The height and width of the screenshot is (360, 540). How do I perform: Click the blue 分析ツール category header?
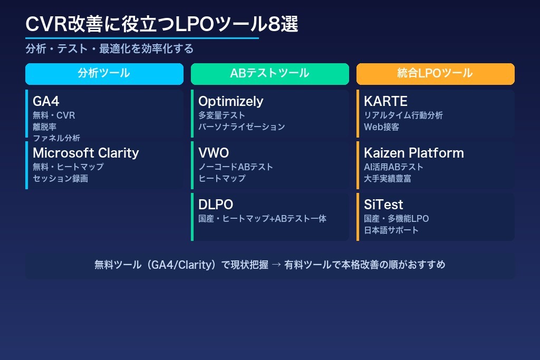point(104,74)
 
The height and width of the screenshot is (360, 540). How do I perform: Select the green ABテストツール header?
point(269,74)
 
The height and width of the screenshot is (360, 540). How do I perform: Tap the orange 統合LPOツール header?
point(435,74)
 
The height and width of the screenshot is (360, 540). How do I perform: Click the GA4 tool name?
point(46,101)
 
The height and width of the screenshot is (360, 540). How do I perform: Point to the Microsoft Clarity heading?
point(85,153)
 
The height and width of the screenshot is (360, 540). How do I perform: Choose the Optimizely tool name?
point(230,101)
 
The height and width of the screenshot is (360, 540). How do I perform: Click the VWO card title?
point(214,153)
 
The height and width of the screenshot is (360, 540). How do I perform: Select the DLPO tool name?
point(216,205)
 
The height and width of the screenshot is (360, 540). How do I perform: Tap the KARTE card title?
point(385,101)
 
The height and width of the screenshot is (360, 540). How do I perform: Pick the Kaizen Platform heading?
point(414,153)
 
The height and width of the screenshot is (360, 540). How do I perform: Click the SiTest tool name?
point(383,205)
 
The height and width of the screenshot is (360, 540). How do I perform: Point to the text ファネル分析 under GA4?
point(56,138)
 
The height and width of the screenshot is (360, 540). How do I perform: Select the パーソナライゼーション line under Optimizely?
point(242,127)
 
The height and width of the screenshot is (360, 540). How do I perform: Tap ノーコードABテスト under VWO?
point(236,167)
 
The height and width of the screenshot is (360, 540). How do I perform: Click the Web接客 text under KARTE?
point(381,127)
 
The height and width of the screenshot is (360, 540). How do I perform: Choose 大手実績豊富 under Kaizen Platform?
point(387,179)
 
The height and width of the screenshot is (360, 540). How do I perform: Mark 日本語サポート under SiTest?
point(391,230)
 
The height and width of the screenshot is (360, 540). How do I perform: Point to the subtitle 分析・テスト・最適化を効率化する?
point(110,49)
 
